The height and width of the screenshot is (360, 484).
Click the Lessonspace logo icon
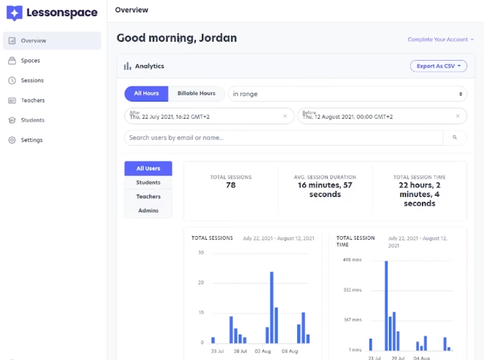click(x=14, y=13)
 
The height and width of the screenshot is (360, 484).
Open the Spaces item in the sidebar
click(x=30, y=61)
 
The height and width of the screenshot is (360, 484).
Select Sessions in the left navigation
click(x=32, y=80)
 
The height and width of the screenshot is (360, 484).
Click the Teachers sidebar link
click(x=33, y=100)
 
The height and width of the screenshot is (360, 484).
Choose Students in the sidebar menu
click(x=33, y=120)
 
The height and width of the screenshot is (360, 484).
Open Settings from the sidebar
click(x=32, y=140)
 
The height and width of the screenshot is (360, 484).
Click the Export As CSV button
click(x=438, y=66)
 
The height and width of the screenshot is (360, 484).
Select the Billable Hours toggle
click(x=196, y=94)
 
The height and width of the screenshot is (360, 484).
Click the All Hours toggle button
click(x=147, y=94)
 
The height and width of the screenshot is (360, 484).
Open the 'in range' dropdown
click(x=347, y=94)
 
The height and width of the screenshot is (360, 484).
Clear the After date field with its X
click(x=285, y=116)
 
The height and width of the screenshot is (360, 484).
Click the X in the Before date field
click(x=458, y=116)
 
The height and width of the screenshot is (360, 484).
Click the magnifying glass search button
click(x=455, y=138)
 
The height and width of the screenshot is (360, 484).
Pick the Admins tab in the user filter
click(x=148, y=210)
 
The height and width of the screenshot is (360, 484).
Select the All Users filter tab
click(x=148, y=169)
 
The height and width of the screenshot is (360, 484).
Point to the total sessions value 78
click(x=231, y=185)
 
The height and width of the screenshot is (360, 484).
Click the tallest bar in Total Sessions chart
click(x=271, y=307)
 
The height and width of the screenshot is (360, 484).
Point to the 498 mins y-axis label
click(x=352, y=260)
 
